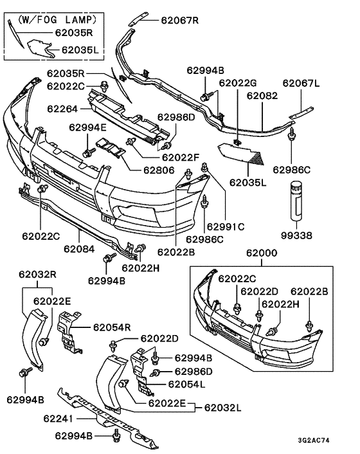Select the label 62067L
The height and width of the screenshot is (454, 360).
point(303,83)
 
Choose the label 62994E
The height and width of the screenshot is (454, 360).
point(87,128)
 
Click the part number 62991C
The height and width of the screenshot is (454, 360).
point(224,226)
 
